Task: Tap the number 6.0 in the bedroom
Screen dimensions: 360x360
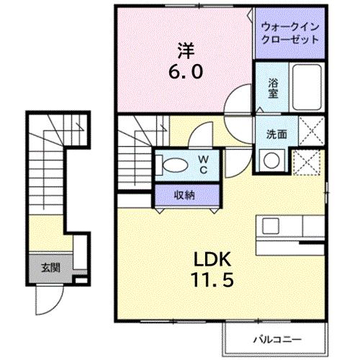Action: (186, 72)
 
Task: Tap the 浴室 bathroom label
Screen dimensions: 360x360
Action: (273, 88)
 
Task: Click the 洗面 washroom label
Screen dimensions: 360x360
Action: (276, 133)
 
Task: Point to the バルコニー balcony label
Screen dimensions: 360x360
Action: (271, 338)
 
